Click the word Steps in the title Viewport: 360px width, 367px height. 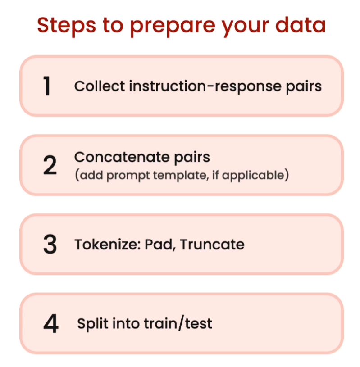(67, 26)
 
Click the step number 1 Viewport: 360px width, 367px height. (47, 86)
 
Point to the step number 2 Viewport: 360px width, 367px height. (50, 165)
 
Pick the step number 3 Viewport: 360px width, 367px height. (50, 244)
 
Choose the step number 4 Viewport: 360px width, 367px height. (51, 323)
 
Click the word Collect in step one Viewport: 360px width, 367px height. (100, 86)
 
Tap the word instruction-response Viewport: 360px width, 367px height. (205, 86)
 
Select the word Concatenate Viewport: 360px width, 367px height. (122, 157)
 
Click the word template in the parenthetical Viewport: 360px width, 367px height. (181, 176)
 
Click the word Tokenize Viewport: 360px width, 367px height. (108, 245)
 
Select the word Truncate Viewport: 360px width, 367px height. (212, 245)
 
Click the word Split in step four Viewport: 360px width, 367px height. (93, 324)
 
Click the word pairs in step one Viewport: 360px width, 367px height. (304, 87)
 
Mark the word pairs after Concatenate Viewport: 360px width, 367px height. (192, 158)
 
